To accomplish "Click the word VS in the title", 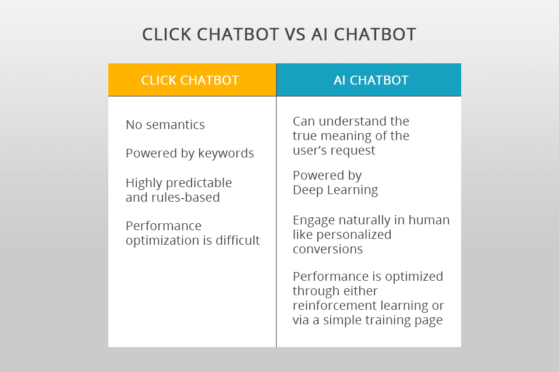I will (299, 34).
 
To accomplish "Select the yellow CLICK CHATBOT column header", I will (190, 80).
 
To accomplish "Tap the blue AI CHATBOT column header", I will (371, 80).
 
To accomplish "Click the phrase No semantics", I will (165, 124).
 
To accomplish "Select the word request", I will (355, 151).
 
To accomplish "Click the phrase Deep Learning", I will (335, 190).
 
